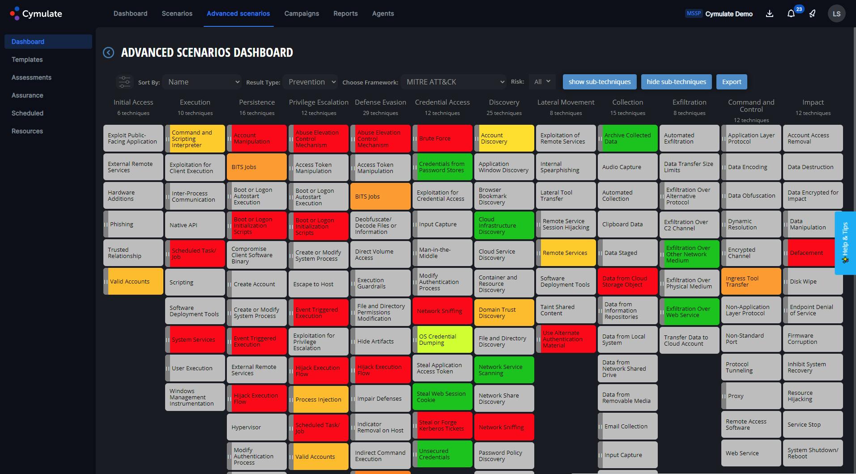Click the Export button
coord(732,82)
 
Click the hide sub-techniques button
coord(676,82)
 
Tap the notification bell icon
coord(791,14)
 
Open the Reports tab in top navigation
coord(345,13)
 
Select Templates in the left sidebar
coord(27,59)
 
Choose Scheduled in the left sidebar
coord(27,113)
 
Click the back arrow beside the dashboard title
coord(108,53)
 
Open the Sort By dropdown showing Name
coord(202,82)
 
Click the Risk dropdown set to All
coord(542,82)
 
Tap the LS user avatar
coord(836,14)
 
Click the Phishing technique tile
coord(133,224)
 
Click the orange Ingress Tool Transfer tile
coord(751,282)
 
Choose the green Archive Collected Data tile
coord(628,139)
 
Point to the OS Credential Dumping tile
coord(442,340)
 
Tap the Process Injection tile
coord(319,400)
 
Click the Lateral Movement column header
coord(566,102)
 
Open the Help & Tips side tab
coord(845,242)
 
